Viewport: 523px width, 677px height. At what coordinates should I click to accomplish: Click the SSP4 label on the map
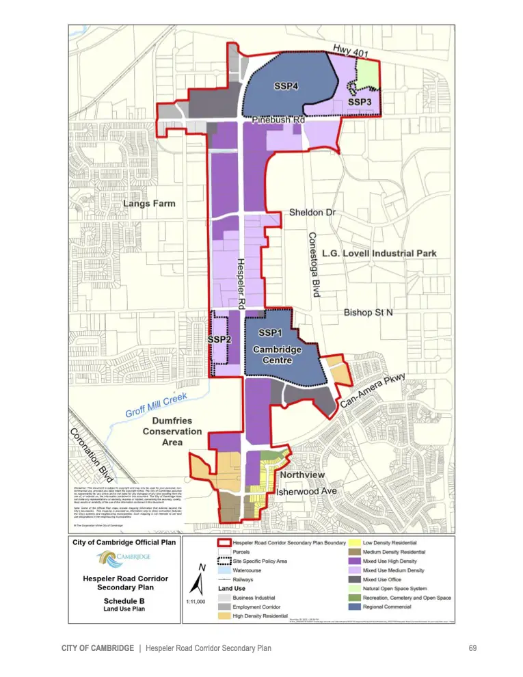(286, 87)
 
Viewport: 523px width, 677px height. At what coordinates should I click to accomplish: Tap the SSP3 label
(360, 102)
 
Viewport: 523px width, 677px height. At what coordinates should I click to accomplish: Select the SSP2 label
(219, 340)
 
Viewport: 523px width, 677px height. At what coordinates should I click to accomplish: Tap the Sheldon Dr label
(312, 213)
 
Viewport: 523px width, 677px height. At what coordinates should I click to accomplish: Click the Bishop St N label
(369, 313)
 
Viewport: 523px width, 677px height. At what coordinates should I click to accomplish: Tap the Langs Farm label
(149, 204)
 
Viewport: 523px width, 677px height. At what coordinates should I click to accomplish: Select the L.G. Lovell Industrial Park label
(379, 253)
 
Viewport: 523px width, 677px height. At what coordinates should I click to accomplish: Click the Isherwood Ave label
(306, 492)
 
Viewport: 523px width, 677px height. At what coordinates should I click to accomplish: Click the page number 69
(472, 648)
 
